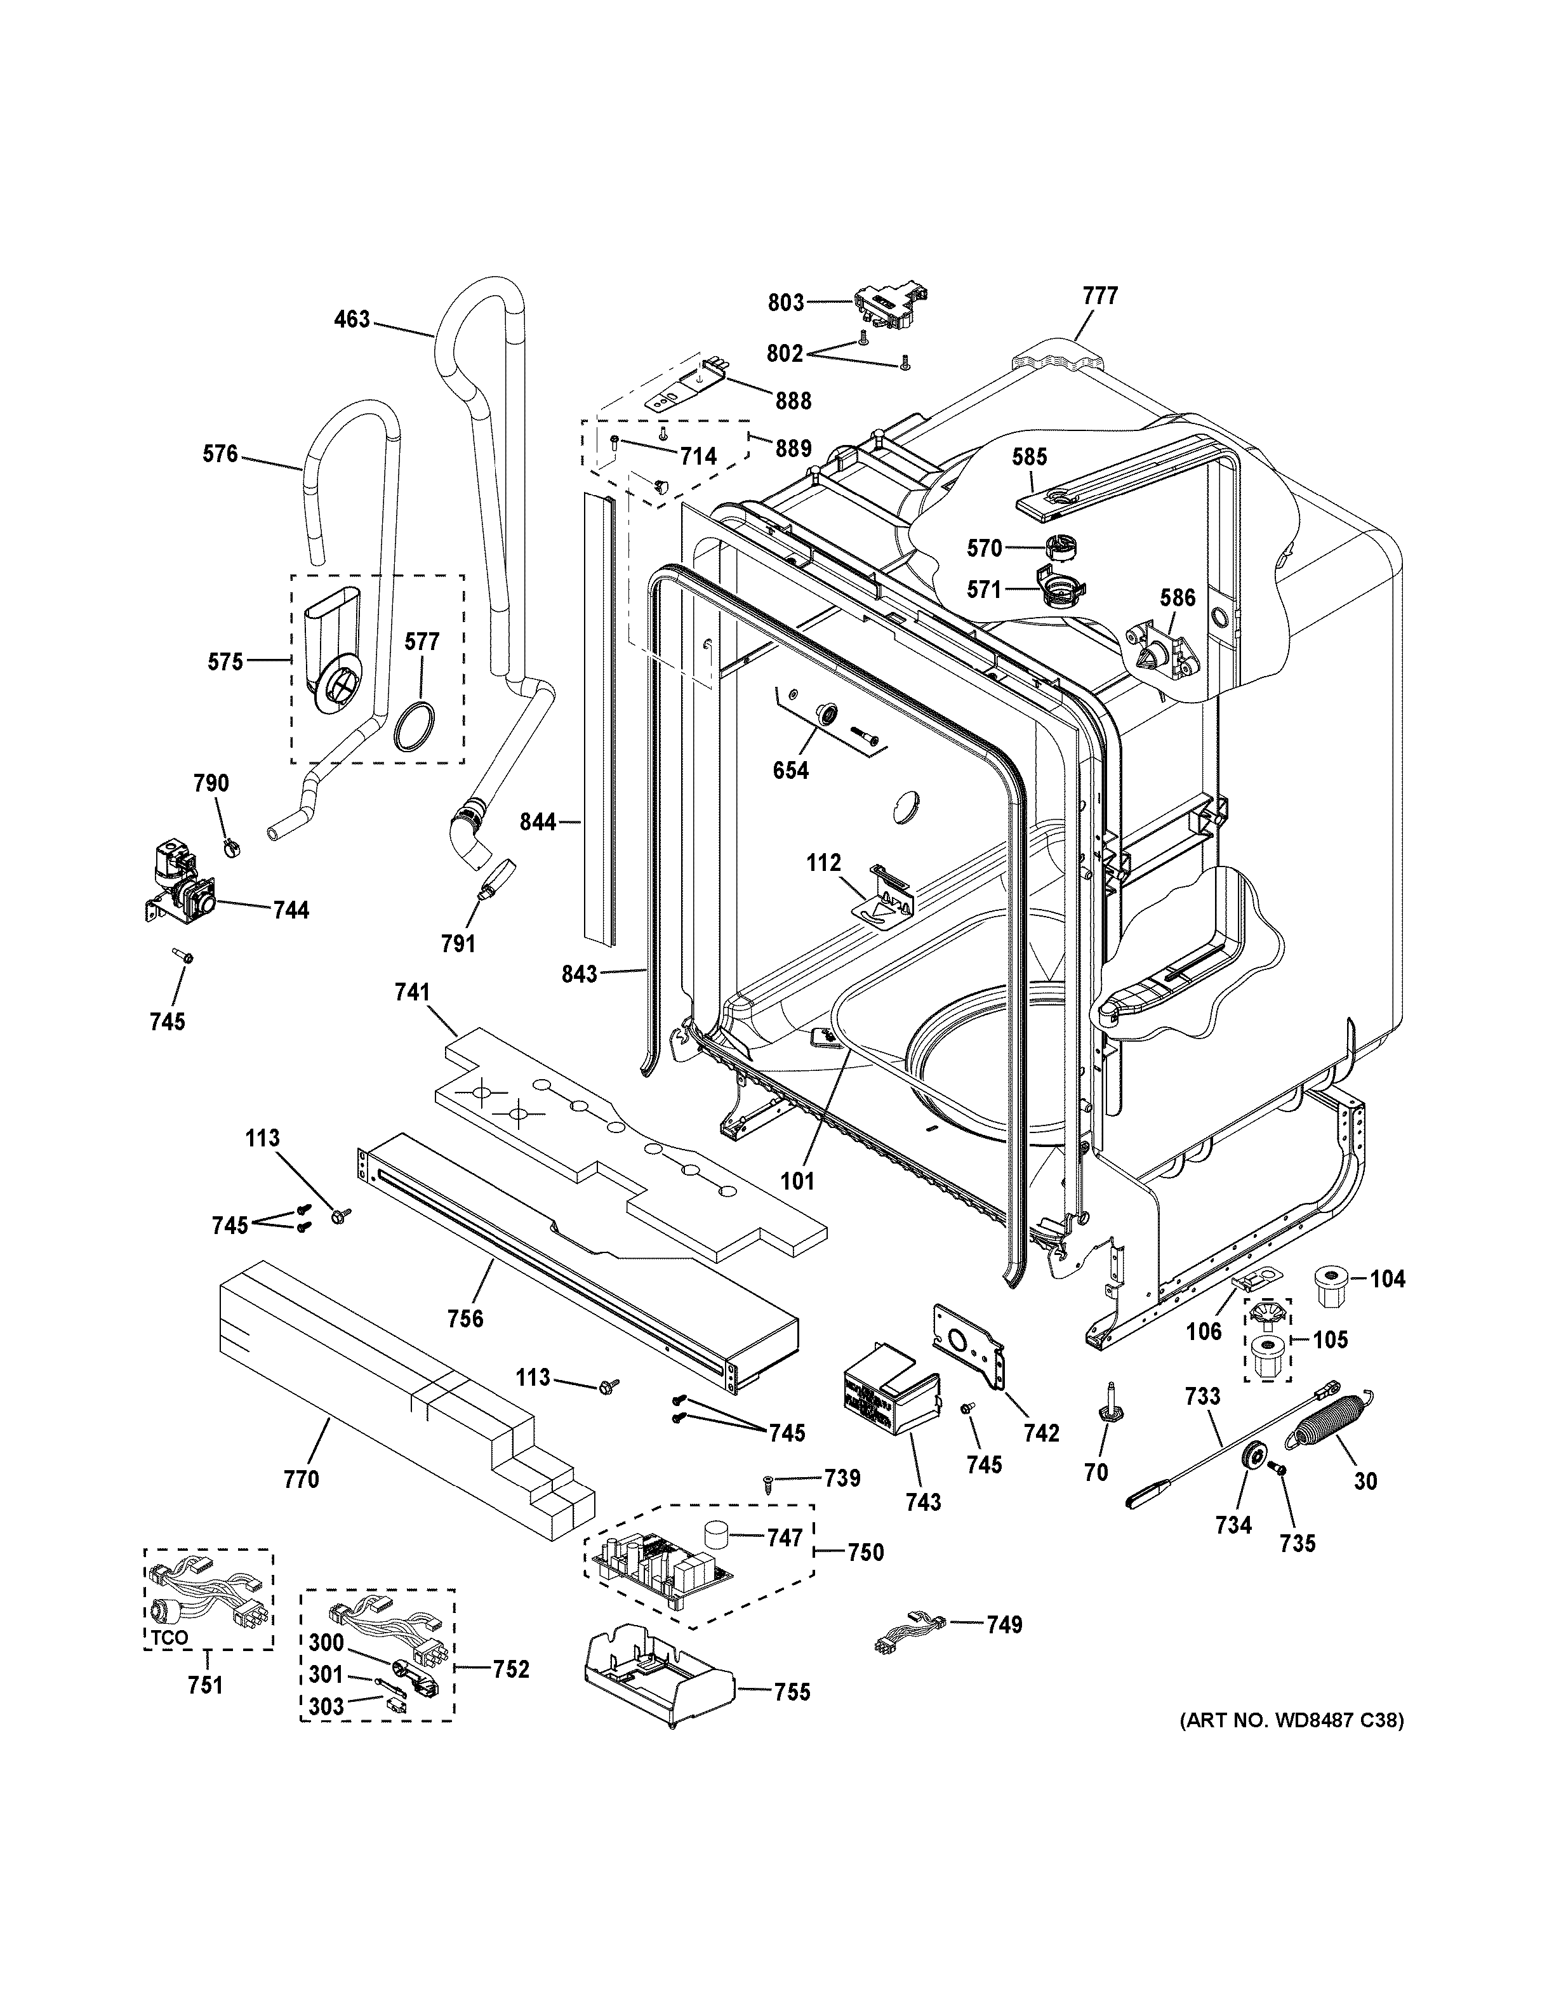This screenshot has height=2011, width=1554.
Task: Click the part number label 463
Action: (352, 319)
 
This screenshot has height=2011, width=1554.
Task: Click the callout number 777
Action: (1099, 296)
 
